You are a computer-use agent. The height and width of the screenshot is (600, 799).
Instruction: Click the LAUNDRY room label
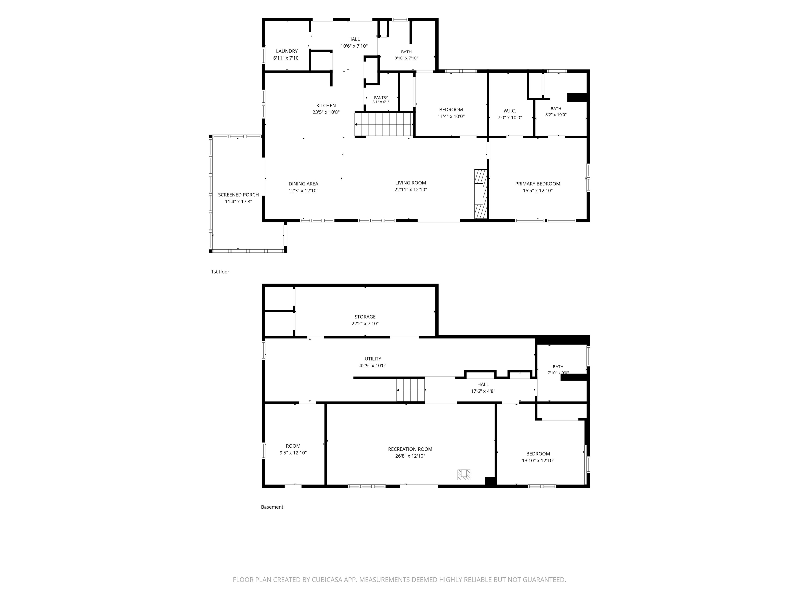287,51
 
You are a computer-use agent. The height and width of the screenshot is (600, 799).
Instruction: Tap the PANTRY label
381,98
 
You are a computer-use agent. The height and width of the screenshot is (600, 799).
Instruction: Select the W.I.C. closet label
510,111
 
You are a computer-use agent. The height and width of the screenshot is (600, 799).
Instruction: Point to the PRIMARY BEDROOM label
538,184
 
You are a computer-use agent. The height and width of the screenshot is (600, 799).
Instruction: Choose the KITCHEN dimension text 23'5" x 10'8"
326,113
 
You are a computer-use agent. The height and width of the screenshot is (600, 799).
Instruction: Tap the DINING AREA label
304,184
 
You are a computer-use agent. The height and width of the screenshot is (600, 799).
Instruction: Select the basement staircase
411,390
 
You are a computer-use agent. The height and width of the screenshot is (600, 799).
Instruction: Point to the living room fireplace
481,194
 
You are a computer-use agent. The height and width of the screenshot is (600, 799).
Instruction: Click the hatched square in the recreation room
464,474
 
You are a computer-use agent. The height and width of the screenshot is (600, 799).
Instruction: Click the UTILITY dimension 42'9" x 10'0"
373,366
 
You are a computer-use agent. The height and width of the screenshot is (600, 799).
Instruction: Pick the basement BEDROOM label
538,454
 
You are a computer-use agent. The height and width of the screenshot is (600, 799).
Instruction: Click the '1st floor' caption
220,272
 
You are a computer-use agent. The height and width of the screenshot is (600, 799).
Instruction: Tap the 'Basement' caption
272,507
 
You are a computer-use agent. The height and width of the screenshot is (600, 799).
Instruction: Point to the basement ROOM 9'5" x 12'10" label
293,449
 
